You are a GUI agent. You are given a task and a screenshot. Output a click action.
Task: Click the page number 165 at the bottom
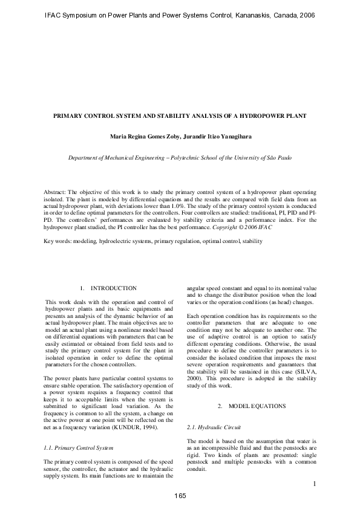[x=180, y=496]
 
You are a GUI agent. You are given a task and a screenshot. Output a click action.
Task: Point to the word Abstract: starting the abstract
[x=57, y=191]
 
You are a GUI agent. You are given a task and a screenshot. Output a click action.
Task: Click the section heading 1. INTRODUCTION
[x=109, y=288]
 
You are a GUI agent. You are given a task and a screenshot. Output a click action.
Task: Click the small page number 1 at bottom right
[x=315, y=483]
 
